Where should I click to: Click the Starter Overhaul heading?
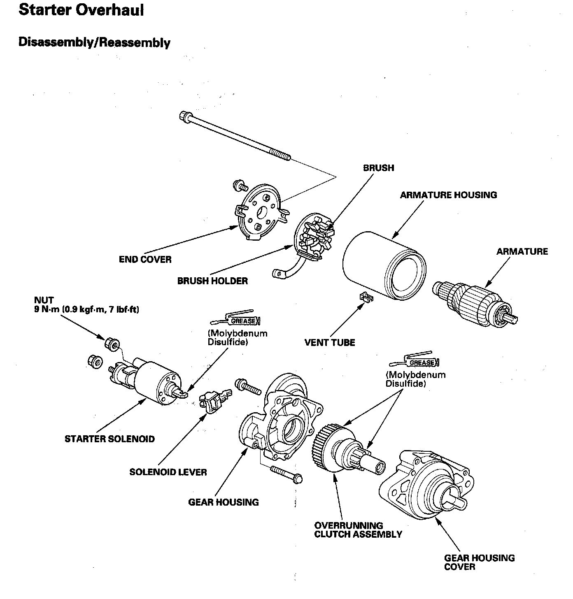[x=81, y=10]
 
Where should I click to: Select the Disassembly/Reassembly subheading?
[x=94, y=42]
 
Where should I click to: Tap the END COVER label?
[x=145, y=260]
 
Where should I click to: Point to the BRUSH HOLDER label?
[x=212, y=281]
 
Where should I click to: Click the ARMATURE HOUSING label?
[x=448, y=195]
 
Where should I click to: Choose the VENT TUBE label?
[x=329, y=342]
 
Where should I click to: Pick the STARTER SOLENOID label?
[x=109, y=439]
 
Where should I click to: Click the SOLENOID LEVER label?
[x=168, y=472]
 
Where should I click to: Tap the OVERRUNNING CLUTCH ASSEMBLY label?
[x=358, y=530]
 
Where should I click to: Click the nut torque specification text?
[x=86, y=309]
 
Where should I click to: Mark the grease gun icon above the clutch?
[x=415, y=361]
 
